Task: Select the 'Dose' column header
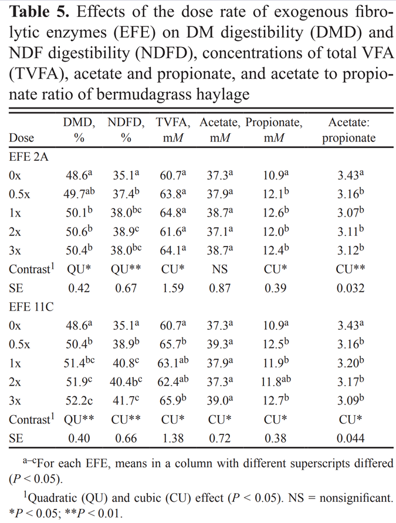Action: point(22,139)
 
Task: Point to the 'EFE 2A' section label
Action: point(29,158)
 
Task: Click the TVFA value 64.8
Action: point(171,213)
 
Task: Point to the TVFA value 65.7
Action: point(171,344)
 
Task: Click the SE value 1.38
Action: point(171,438)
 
